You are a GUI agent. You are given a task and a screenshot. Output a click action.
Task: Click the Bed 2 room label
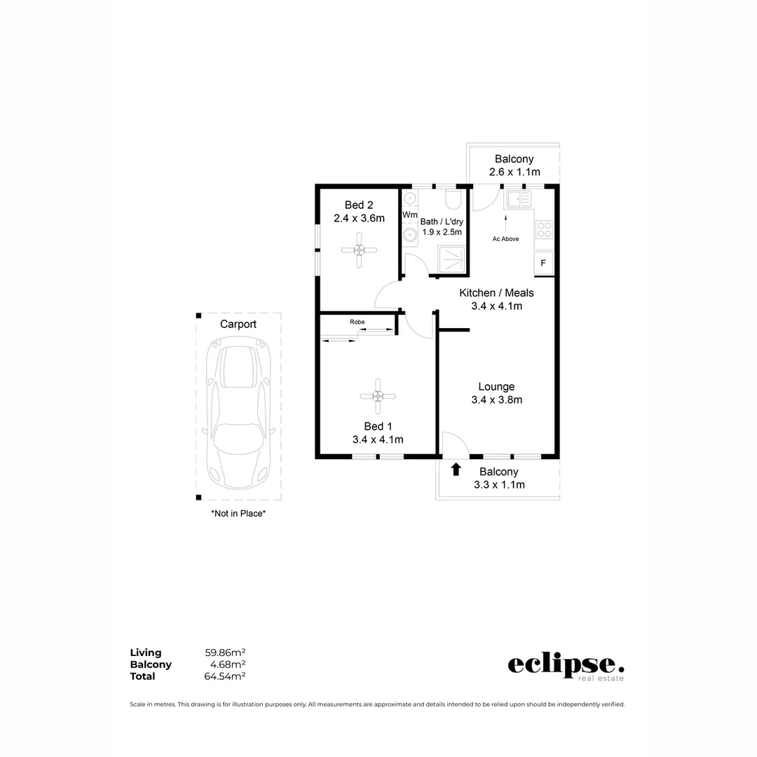358,205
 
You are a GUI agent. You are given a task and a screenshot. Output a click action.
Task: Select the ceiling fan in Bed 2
358,250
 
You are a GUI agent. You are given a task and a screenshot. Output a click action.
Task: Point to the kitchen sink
519,200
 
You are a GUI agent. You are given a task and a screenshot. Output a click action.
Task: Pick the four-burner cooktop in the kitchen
544,230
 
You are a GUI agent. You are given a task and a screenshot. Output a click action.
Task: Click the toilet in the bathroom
453,200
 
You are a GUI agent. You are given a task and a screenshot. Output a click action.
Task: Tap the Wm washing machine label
409,214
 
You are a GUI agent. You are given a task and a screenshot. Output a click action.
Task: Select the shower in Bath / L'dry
451,258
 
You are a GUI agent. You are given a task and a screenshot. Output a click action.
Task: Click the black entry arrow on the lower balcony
456,470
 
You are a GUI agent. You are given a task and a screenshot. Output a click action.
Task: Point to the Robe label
357,322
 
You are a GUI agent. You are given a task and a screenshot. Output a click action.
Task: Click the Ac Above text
505,239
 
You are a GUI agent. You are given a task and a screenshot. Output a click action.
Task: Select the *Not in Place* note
238,513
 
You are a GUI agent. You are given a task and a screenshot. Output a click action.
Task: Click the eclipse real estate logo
566,665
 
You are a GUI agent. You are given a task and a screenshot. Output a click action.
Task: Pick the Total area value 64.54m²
224,676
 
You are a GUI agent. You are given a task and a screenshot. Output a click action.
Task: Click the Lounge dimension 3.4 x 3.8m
496,400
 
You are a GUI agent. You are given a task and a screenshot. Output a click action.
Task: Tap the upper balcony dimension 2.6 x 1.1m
514,172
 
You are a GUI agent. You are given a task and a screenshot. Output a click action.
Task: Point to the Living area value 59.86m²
224,653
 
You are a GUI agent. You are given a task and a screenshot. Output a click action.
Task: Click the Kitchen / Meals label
496,292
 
